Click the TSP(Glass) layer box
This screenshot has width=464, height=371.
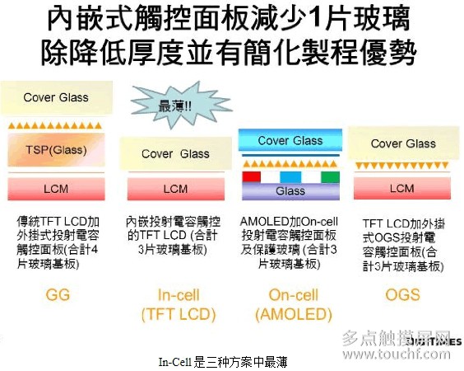tap(55, 150)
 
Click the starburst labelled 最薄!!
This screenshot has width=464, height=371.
tap(169, 106)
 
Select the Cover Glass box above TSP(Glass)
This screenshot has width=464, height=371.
tap(55, 98)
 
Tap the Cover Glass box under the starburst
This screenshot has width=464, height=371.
tap(174, 153)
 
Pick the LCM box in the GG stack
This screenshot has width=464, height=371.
tap(55, 189)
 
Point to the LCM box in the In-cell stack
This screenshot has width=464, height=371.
tap(174, 189)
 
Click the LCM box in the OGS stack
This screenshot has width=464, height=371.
tap(402, 189)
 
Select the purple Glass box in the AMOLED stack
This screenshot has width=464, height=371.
tap(290, 191)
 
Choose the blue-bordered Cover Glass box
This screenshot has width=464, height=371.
tap(290, 141)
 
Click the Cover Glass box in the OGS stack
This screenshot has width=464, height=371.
tap(402, 143)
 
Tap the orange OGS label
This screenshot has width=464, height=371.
tap(402, 294)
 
